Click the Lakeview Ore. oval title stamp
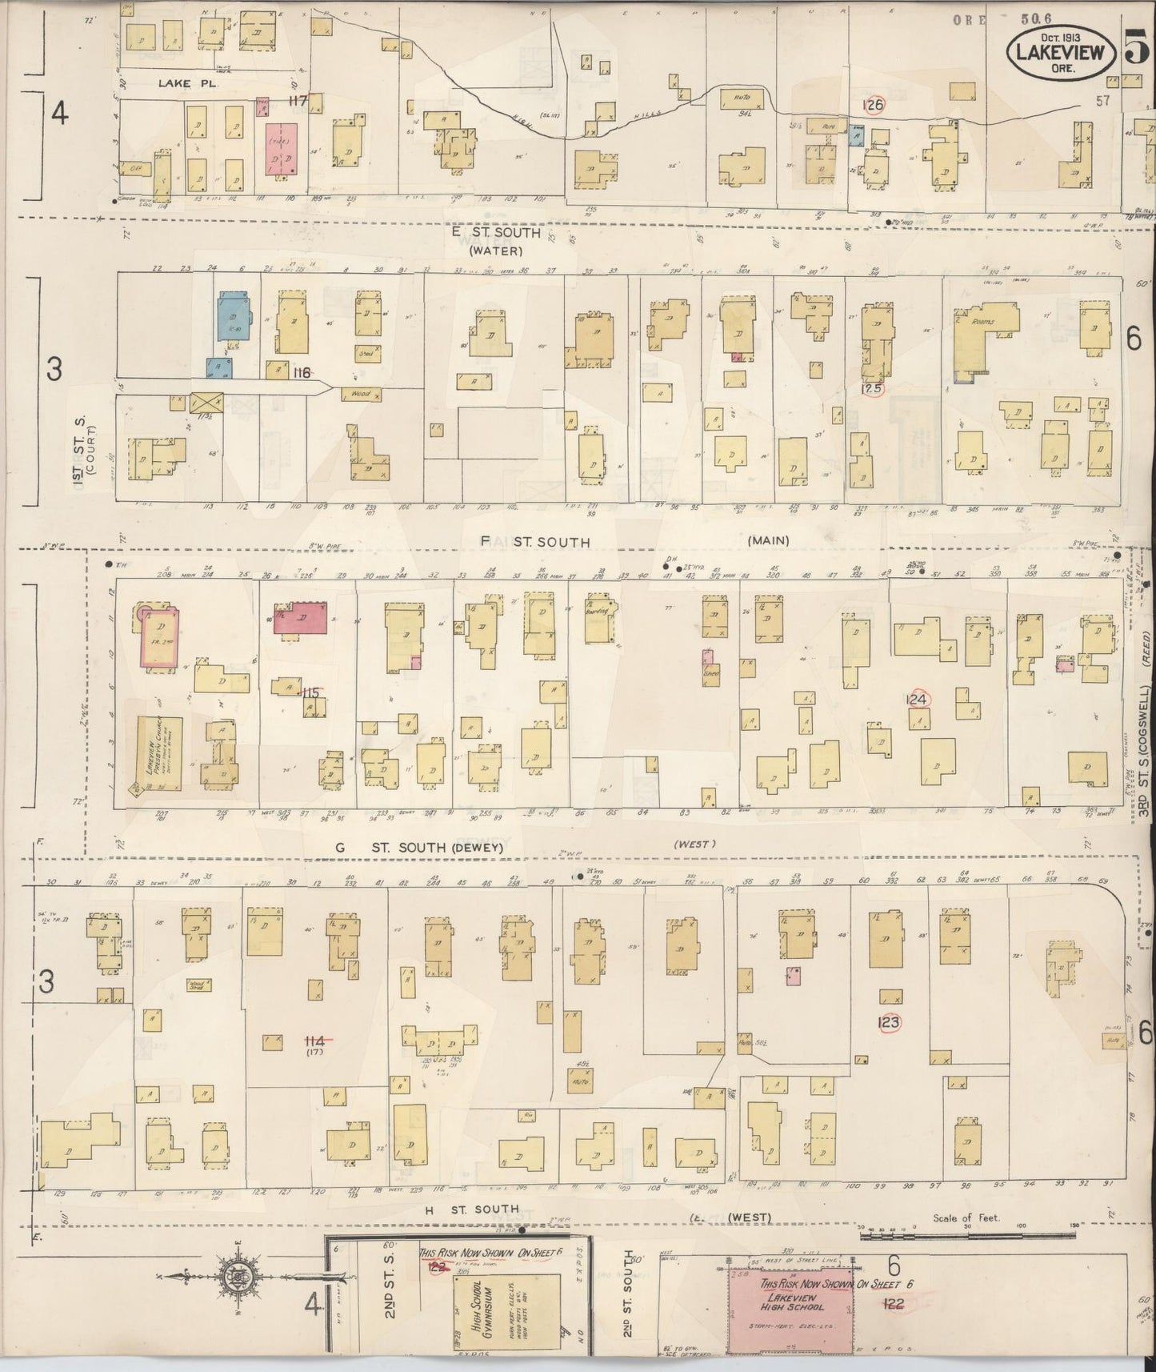tap(1060, 54)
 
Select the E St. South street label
tap(496, 233)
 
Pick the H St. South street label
tap(471, 1210)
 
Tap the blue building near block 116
tap(233, 316)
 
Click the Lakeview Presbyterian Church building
tap(159, 753)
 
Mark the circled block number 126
tap(873, 105)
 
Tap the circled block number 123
tap(889, 1022)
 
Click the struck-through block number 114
tap(314, 1041)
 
